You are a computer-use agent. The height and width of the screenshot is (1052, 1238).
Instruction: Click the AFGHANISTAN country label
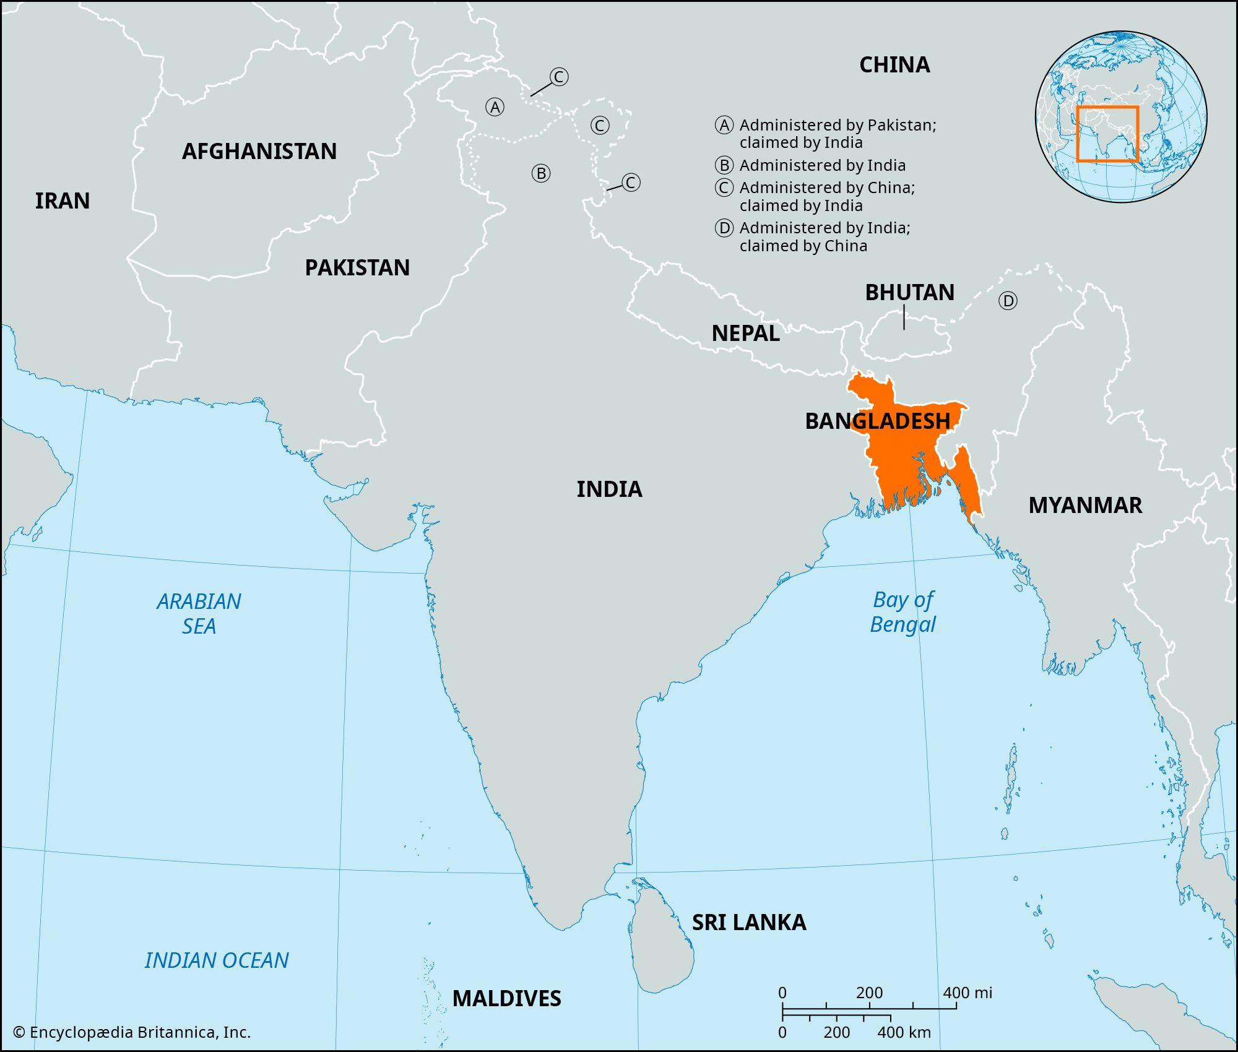259,152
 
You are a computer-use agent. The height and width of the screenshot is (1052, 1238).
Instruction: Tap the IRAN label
62,201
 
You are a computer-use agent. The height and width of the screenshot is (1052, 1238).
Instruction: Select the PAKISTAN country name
357,268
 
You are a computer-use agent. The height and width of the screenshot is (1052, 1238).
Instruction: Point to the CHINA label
894,65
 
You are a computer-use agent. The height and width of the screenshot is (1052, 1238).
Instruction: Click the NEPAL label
745,334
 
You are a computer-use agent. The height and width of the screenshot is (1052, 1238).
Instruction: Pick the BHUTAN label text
909,293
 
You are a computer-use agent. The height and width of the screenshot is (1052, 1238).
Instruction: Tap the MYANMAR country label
1085,506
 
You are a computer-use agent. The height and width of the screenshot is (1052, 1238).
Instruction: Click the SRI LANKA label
749,923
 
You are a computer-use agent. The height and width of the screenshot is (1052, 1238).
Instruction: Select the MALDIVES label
506,999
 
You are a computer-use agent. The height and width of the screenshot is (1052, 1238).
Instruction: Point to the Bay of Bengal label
903,612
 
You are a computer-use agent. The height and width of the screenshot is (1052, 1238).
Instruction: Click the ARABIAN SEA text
199,613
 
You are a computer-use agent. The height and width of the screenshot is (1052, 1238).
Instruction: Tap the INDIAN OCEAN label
217,960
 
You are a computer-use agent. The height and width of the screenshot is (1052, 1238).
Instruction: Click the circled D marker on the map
1008,301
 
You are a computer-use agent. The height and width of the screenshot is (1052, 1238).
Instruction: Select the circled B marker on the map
541,173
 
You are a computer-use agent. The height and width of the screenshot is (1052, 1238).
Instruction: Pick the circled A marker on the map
495,108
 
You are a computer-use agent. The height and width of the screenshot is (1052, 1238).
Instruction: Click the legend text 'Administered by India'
822,166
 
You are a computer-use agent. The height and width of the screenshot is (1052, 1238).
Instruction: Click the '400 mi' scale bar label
967,993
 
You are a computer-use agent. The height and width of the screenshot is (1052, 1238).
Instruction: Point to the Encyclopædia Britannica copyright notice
132,1032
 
